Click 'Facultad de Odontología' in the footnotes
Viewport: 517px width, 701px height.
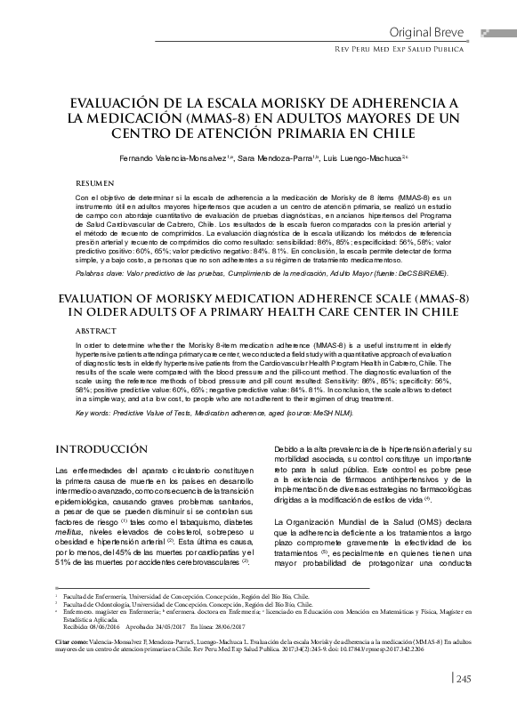[x=104, y=601]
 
